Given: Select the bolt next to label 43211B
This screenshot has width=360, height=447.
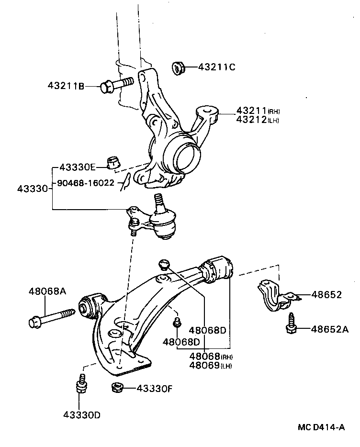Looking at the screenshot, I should tap(116, 85).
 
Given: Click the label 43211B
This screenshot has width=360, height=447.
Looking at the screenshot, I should tap(66, 86).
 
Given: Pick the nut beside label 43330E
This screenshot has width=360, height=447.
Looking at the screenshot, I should tap(114, 163).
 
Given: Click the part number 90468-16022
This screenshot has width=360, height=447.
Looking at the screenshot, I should tap(86, 183).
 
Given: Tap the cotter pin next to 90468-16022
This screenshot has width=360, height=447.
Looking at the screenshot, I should tap(125, 181).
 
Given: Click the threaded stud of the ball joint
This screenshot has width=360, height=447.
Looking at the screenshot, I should tap(158, 204).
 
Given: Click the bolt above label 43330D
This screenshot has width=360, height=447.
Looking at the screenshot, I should tap(81, 384).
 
